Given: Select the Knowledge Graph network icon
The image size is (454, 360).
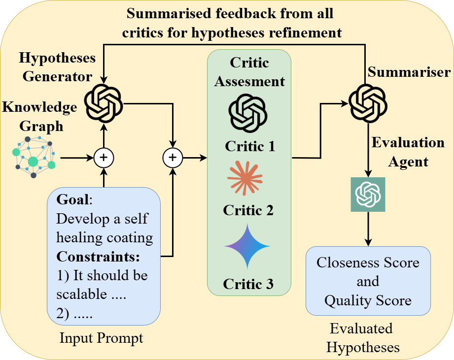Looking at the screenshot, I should tap(33, 157).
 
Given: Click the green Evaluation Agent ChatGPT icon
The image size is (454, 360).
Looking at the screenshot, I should tap(368, 195).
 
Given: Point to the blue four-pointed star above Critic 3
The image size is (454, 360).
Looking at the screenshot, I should tap(248, 246).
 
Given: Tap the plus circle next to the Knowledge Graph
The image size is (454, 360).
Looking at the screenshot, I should tap(104, 158).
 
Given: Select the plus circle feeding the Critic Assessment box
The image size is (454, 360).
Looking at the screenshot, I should tap(173, 158).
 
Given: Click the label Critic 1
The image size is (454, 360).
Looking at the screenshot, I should tap(249, 146).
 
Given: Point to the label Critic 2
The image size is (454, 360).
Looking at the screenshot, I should tap(248, 210).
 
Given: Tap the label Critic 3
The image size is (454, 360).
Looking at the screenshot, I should tap(248, 284).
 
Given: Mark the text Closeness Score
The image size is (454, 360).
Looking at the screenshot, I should tap(368, 262).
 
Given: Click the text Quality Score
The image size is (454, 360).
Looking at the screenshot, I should tap(368, 300).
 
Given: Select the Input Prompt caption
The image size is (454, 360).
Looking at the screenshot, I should tap(101, 338).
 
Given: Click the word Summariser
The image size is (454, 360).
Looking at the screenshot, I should tap(409, 73).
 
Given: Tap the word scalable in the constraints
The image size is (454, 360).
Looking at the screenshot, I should tap(81, 294).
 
